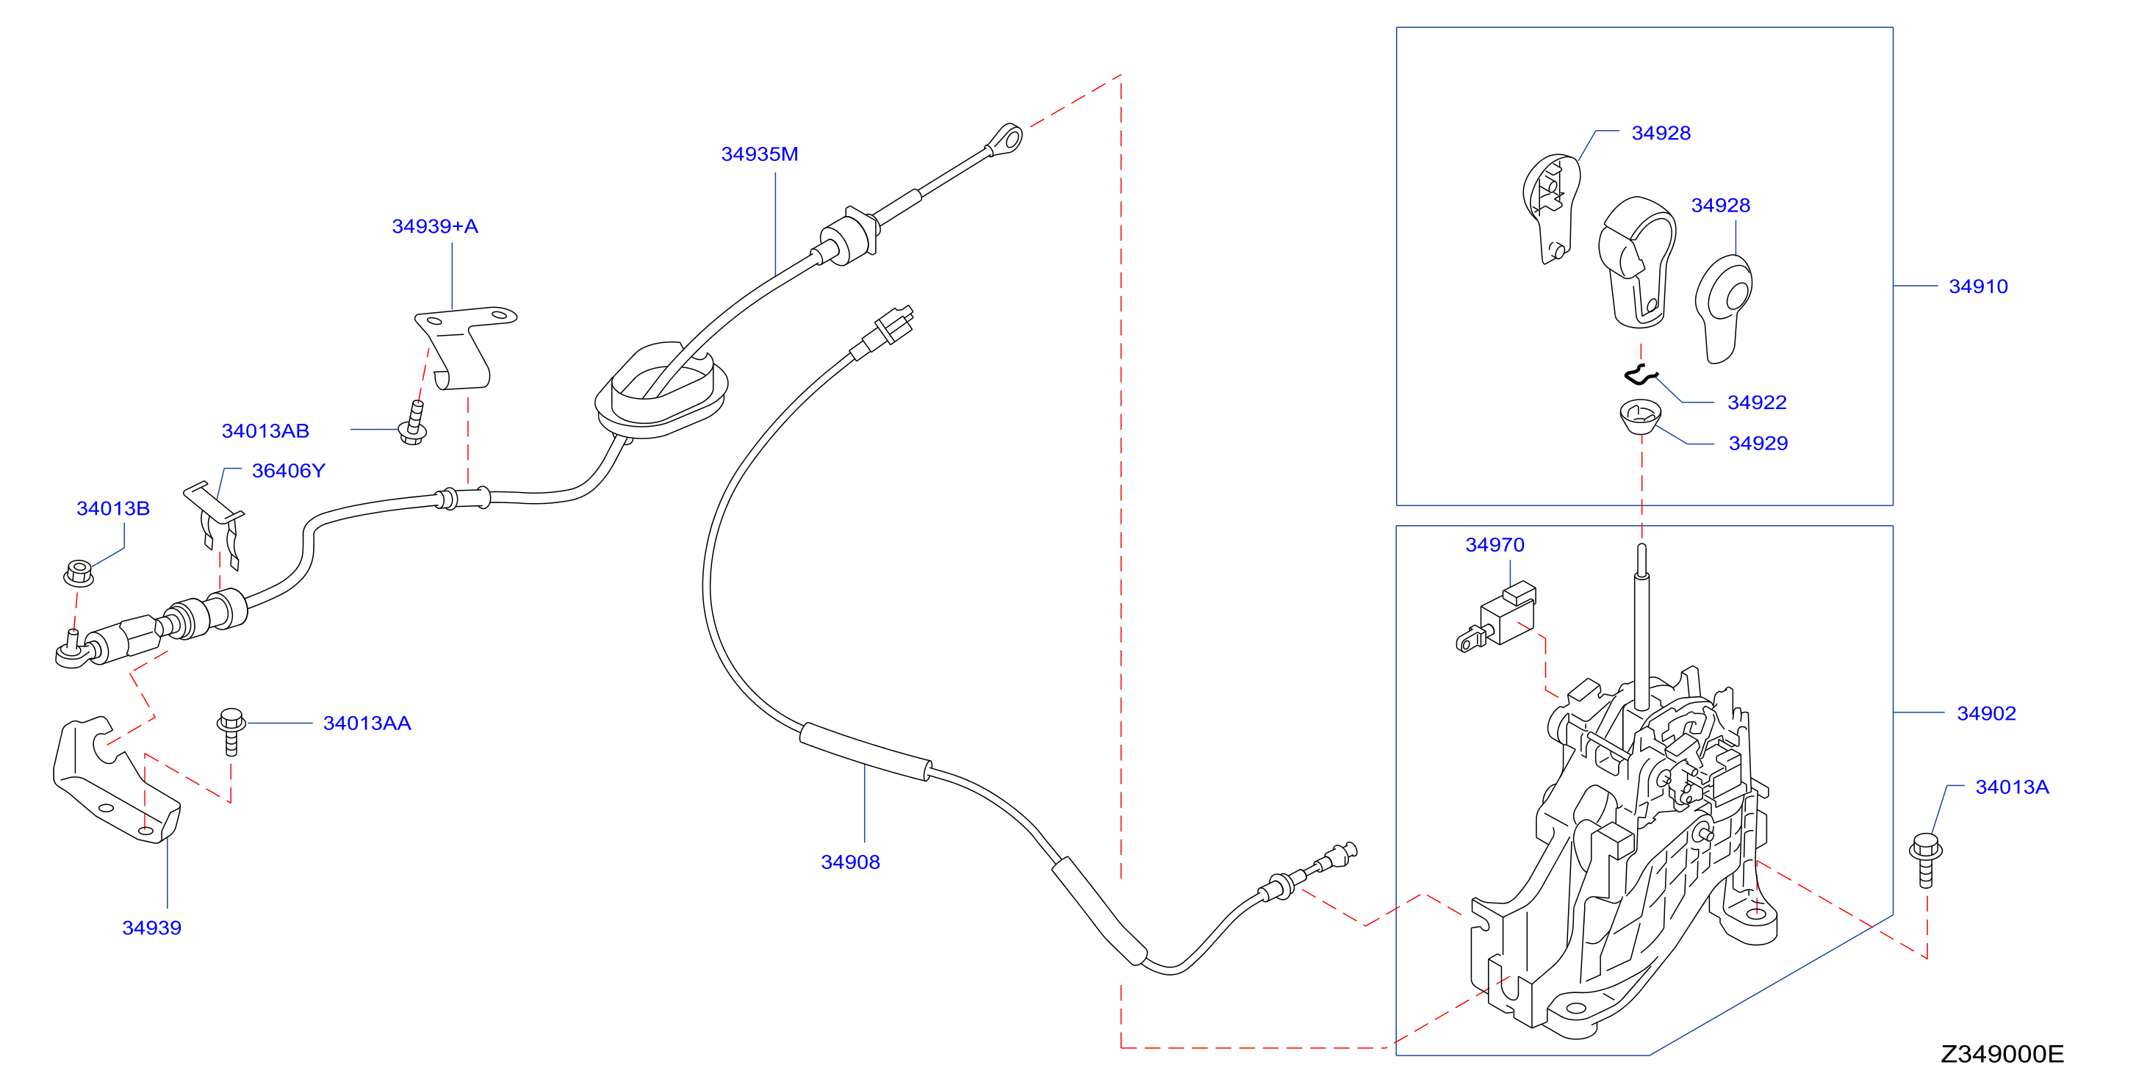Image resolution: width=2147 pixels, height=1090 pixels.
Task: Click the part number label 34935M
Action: [x=759, y=154]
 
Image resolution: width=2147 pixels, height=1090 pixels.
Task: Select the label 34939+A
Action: [x=435, y=227]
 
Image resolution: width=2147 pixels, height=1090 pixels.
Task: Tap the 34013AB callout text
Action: [x=265, y=431]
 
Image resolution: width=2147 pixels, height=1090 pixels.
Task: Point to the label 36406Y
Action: [x=288, y=471]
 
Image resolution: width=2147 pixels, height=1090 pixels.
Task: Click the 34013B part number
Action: [x=113, y=508]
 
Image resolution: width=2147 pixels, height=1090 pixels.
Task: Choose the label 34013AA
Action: [x=367, y=723]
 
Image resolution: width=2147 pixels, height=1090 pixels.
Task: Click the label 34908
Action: [x=850, y=862]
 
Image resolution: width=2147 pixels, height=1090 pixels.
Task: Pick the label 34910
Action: [x=1978, y=286]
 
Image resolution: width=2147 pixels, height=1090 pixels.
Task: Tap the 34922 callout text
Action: [x=1757, y=403]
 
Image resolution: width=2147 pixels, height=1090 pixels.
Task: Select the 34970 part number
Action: [x=1495, y=545]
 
